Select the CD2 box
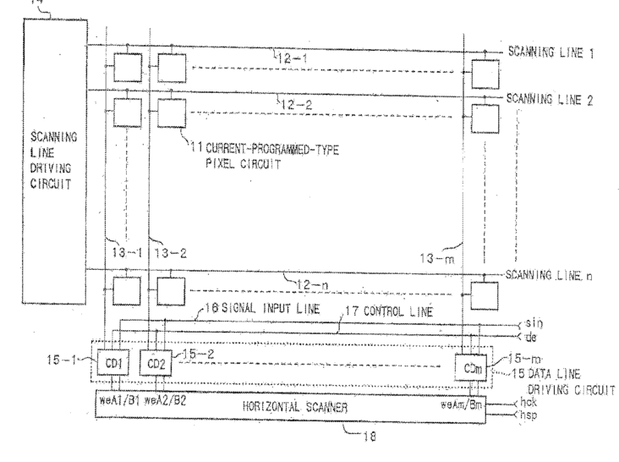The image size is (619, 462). click(155, 364)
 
